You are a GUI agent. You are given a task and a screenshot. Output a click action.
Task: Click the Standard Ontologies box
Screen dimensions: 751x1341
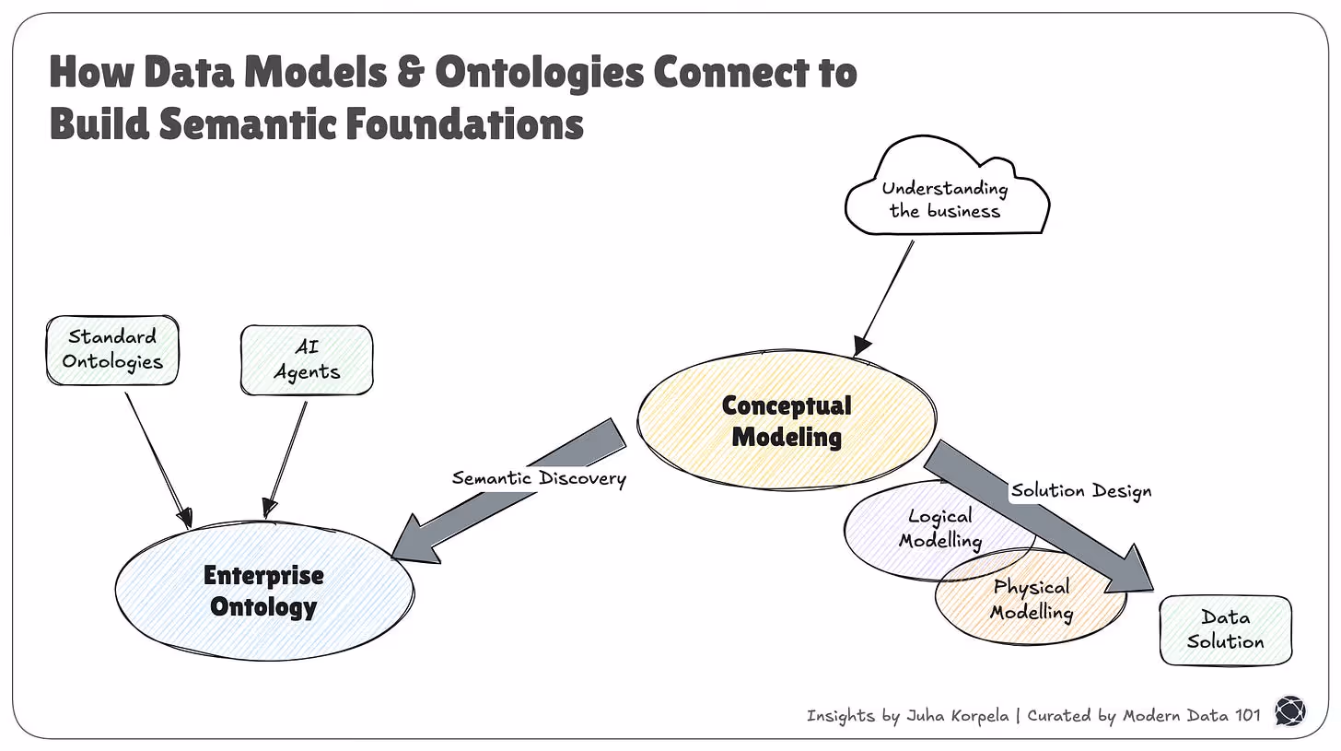tap(111, 349)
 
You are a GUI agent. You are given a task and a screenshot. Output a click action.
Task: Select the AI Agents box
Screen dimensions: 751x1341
tap(307, 359)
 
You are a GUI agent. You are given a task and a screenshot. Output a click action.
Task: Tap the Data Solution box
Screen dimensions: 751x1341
tap(1225, 629)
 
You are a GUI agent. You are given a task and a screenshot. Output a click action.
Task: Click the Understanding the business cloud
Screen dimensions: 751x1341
tap(945, 198)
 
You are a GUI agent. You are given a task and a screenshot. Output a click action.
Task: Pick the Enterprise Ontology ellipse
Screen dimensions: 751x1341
tap(263, 591)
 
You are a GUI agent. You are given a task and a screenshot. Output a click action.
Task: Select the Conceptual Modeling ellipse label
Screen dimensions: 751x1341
tap(787, 420)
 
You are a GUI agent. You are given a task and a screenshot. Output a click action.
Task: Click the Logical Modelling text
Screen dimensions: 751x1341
tap(939, 529)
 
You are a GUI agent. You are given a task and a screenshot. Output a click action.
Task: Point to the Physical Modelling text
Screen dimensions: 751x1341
tap(1032, 599)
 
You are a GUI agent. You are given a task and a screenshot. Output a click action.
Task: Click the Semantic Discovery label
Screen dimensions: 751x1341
tap(539, 478)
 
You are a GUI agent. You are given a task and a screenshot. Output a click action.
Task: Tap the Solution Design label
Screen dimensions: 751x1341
tap(1081, 491)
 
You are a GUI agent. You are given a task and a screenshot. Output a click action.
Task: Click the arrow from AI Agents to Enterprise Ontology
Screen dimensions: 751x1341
tap(286, 456)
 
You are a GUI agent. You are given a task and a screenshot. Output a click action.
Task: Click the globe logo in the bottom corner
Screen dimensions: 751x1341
tap(1289, 711)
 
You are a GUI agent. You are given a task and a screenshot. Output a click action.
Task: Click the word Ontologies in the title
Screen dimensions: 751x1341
tap(539, 72)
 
